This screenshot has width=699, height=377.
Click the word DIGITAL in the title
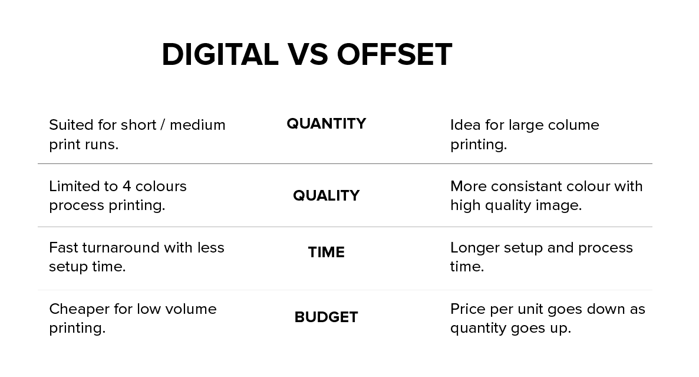pyautogui.click(x=220, y=55)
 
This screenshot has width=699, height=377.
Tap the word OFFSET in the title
pyautogui.click(x=394, y=55)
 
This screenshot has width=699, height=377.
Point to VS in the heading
pyautogui.click(x=308, y=55)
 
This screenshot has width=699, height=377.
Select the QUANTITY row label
pyautogui.click(x=327, y=123)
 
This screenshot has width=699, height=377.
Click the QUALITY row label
pyautogui.click(x=327, y=195)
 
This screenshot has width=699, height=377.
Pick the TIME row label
pyautogui.click(x=327, y=252)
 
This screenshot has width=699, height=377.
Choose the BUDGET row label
pyautogui.click(x=327, y=317)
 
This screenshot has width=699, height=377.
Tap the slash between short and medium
pyautogui.click(x=163, y=125)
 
